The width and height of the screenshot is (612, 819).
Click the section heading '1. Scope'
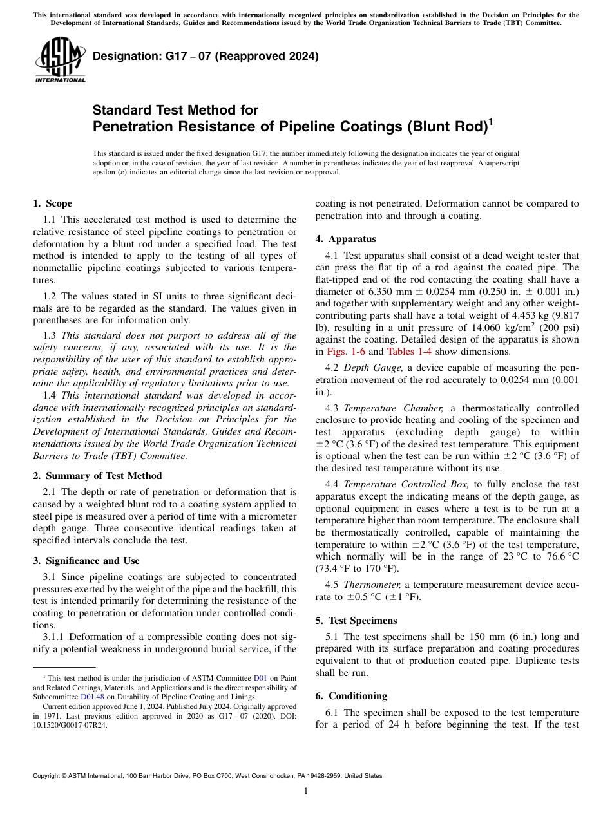click(52, 203)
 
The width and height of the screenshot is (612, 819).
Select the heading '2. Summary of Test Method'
click(97, 476)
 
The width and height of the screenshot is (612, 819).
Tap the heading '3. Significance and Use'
click(86, 561)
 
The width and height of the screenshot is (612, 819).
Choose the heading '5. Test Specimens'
click(356, 621)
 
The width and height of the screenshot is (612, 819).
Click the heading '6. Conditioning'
click(351, 696)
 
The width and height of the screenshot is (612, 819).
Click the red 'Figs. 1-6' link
click(346, 352)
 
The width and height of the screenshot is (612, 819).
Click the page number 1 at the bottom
click(306, 791)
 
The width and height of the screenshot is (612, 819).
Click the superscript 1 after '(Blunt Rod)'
click(491, 122)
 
